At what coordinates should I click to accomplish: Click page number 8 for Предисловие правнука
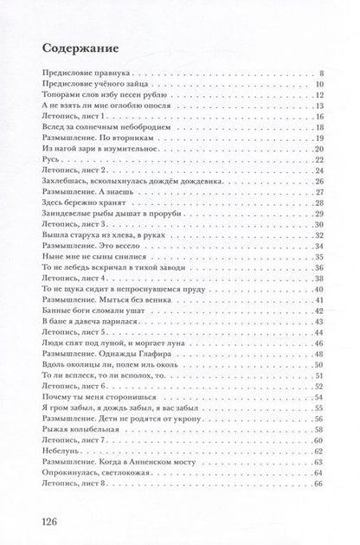coord(320,74)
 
